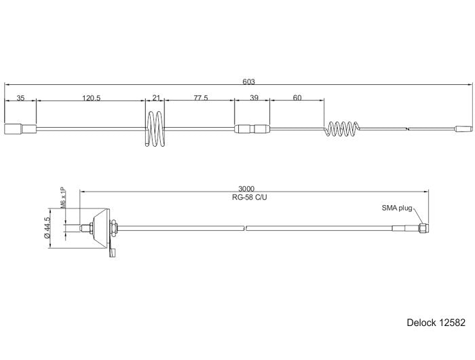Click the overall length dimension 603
(x=248, y=82)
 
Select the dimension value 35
(x=20, y=98)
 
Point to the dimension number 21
(x=155, y=98)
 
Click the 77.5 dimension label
(x=200, y=98)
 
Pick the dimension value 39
(x=254, y=98)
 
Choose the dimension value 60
(x=297, y=98)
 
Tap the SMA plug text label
(x=396, y=208)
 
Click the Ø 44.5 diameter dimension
(x=47, y=228)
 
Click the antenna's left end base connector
(x=20, y=128)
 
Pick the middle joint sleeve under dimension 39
(x=252, y=128)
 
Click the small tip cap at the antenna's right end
(x=463, y=128)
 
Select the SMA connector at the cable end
(x=422, y=228)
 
